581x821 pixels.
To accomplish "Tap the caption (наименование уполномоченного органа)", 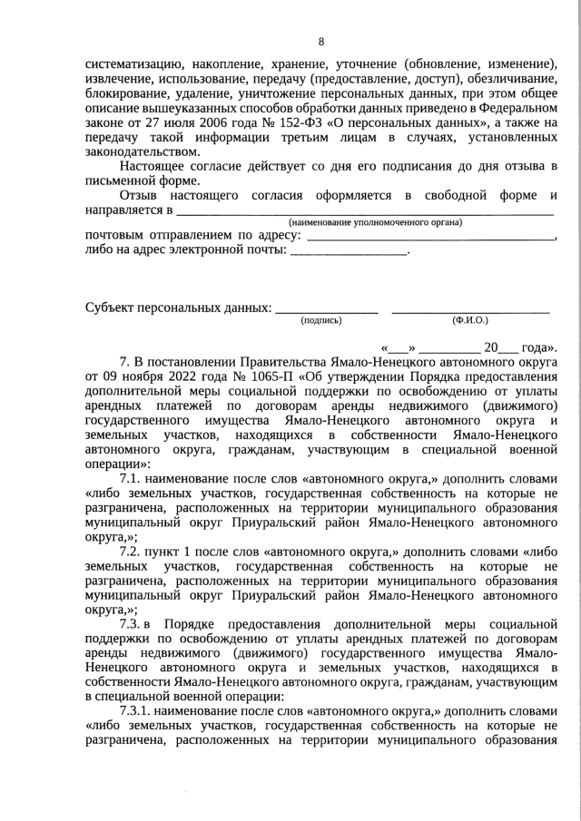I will point(375,222).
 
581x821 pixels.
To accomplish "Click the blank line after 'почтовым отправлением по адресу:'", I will point(431,235).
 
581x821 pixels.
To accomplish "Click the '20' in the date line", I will point(491,347).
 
